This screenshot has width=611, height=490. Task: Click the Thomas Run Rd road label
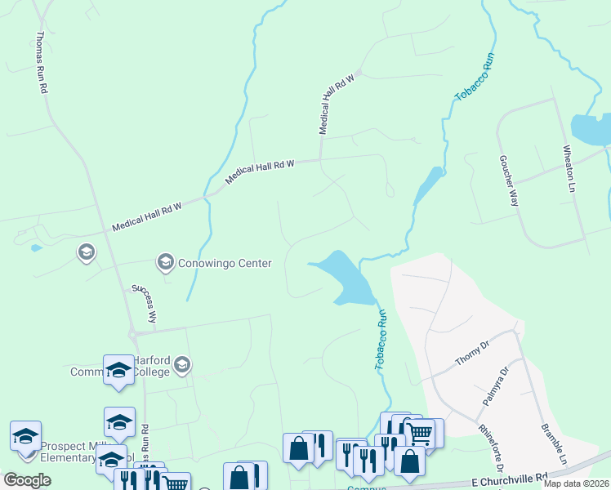pyautogui.click(x=42, y=63)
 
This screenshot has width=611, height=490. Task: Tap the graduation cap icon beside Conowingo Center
pyautogui.click(x=165, y=261)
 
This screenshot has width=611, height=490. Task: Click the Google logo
pyautogui.click(x=27, y=480)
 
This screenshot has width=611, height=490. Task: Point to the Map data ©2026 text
pyautogui.click(x=576, y=483)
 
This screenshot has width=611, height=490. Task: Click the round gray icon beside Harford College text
pyautogui.click(x=181, y=364)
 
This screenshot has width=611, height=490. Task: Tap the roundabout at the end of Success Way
pyautogui.click(x=132, y=333)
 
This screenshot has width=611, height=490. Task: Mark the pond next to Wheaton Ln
pyautogui.click(x=590, y=129)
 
